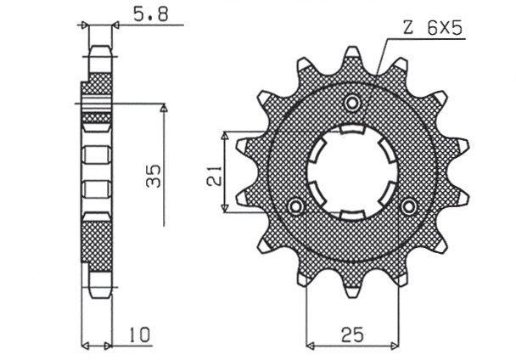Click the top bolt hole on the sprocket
pyautogui.click(x=351, y=103)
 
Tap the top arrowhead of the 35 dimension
pyautogui.click(x=164, y=110)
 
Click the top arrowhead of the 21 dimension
pyautogui.click(x=225, y=136)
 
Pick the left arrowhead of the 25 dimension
pyautogui.click(x=310, y=346)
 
